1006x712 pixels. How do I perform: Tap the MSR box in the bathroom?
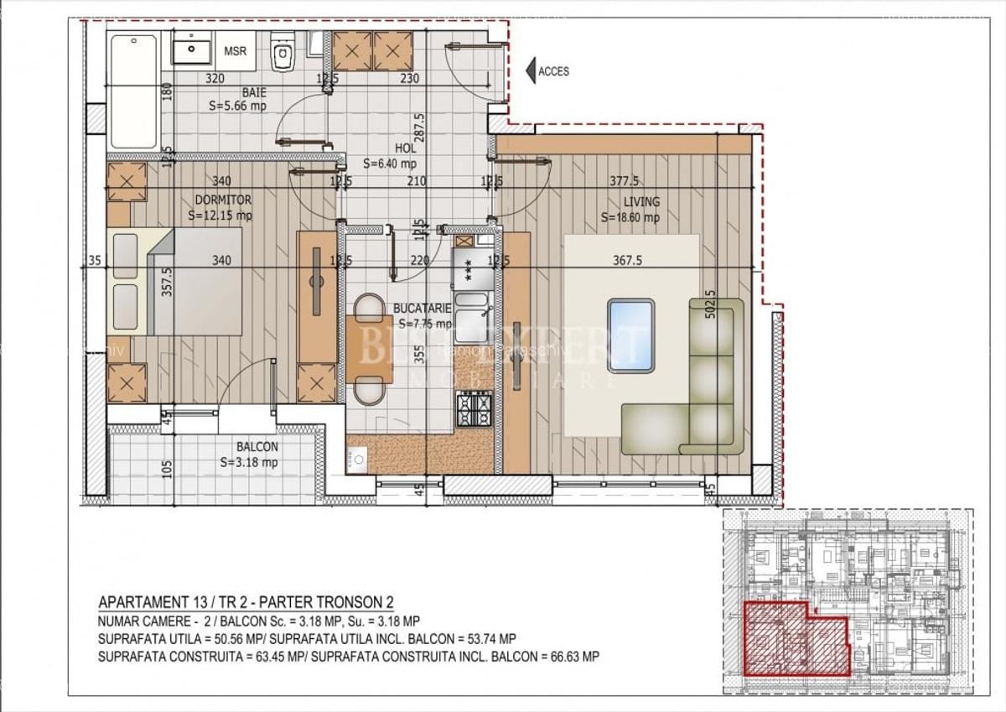236,51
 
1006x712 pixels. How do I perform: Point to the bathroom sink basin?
193,49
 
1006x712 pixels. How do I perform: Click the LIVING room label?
641,201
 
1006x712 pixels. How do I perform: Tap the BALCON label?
257,447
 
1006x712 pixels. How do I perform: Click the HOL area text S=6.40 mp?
388,164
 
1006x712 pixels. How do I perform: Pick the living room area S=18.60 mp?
630,217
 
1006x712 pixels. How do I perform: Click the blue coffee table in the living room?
630,332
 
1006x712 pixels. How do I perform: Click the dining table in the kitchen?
369,349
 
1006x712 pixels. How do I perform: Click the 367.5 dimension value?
627,261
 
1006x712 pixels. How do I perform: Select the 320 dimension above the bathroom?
215,79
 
